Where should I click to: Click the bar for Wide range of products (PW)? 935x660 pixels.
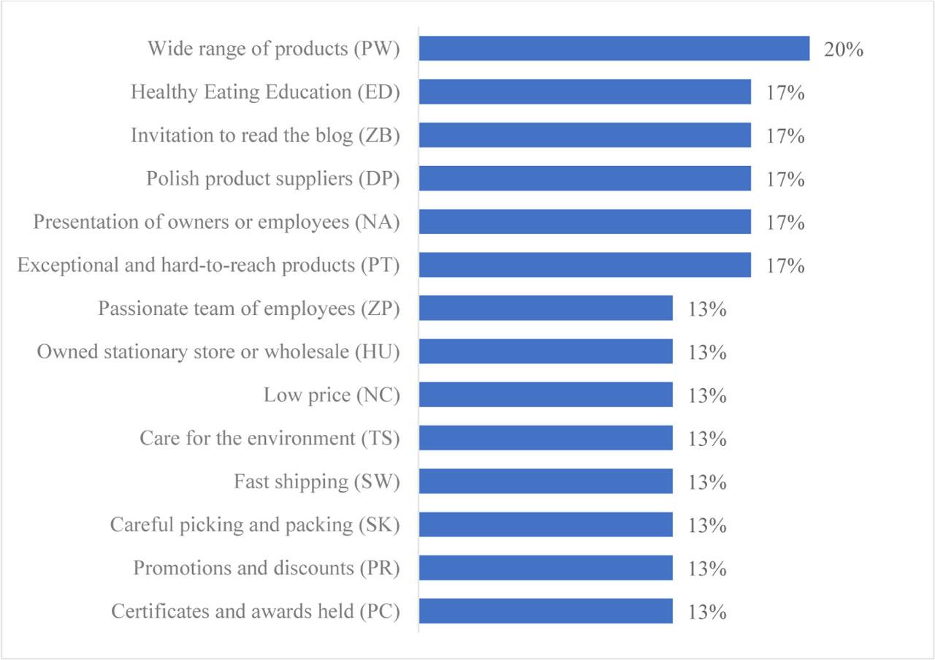614,49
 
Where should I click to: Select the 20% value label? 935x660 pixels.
844,50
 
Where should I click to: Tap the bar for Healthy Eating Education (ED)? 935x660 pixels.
584,92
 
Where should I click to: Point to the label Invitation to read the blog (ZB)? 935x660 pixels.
265,136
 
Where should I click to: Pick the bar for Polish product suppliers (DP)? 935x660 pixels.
584,178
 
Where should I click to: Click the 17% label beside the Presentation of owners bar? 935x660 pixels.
785,222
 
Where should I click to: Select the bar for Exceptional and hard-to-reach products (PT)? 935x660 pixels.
584,265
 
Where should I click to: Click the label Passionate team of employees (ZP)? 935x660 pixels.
249,308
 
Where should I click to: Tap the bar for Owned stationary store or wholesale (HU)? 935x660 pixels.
545,352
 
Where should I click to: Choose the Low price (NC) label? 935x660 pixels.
332,395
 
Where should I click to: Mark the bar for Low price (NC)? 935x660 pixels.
545,395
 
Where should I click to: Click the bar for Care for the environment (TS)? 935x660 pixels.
545,439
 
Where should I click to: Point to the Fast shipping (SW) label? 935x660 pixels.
316,482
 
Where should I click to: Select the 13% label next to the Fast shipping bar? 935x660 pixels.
707,482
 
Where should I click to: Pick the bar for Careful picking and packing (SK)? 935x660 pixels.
545,525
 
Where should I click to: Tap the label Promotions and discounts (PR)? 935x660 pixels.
266,568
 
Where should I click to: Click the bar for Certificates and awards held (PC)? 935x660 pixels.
545,611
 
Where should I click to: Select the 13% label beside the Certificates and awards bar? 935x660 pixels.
707,612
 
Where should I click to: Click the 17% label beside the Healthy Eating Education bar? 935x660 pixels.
785,93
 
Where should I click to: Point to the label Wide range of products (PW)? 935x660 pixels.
274,49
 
